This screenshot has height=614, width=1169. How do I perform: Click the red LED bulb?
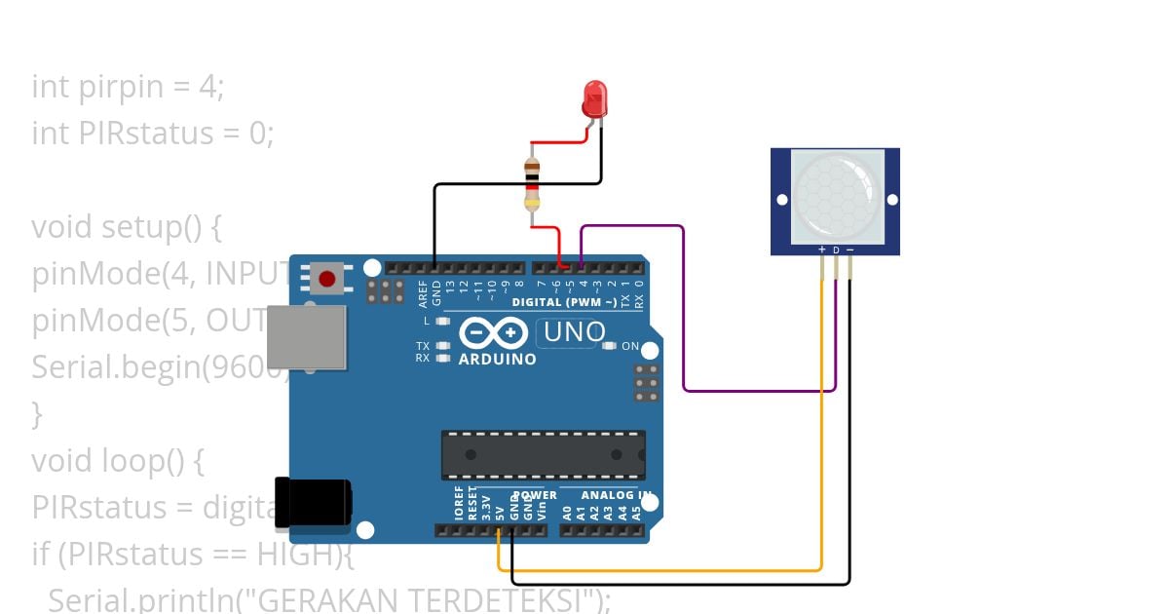594,98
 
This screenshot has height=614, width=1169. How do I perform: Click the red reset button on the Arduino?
327,279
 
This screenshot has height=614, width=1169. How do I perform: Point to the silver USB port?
308,336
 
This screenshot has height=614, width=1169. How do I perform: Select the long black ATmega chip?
543,454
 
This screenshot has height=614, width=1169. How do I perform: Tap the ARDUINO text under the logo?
497,360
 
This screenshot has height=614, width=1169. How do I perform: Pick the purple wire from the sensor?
760,390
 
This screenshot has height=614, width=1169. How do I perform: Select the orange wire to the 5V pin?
662,569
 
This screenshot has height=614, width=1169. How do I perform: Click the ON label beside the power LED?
630,346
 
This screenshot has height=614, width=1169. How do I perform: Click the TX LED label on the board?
423,346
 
